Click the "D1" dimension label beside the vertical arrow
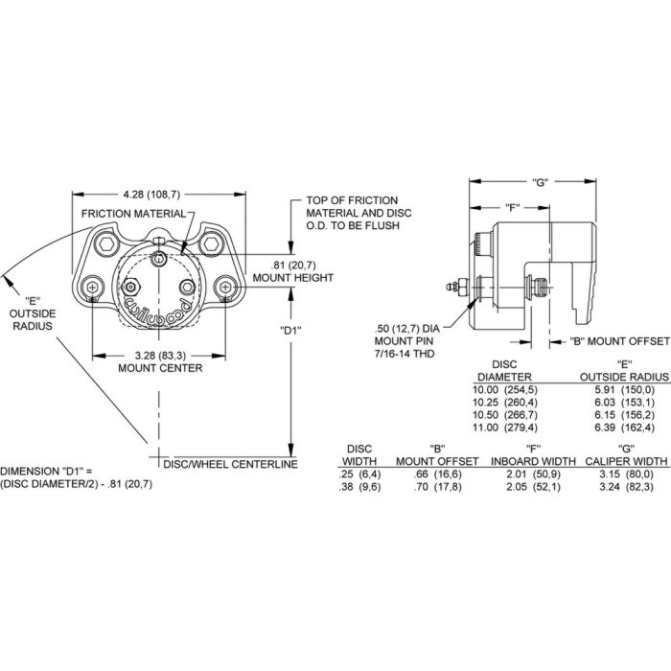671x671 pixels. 291,330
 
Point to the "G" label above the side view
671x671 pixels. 540,182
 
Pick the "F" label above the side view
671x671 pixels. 512,208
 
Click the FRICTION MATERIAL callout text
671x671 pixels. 134,214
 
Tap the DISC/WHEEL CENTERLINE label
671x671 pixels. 230,464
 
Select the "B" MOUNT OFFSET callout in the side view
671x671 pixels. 619,341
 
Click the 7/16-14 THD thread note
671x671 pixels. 405,354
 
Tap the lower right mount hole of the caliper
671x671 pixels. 225,287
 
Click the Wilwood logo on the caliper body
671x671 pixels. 158,309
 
